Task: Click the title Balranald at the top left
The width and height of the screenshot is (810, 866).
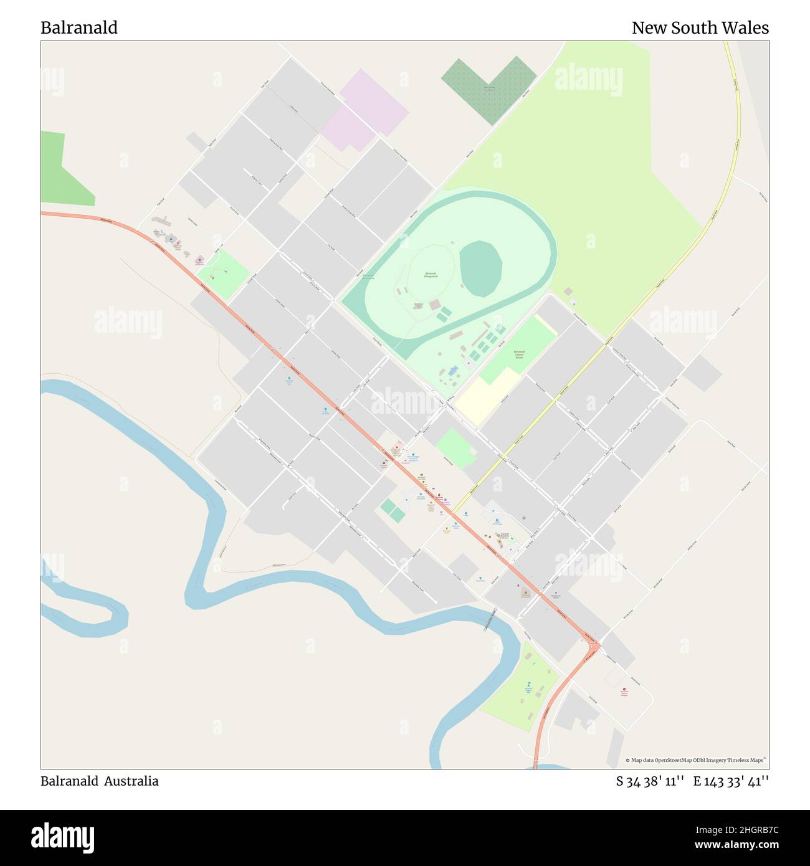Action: click(x=79, y=28)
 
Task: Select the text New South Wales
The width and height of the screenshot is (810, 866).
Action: click(x=700, y=28)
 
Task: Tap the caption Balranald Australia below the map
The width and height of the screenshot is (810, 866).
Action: click(x=100, y=781)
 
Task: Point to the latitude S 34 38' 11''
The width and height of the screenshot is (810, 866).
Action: click(x=650, y=781)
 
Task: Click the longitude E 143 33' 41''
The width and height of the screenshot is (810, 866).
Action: click(x=731, y=781)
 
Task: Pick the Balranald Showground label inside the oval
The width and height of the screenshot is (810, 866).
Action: click(x=431, y=275)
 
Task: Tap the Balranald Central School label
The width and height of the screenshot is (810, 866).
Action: click(x=518, y=355)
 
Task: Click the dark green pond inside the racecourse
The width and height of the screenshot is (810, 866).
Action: click(x=480, y=269)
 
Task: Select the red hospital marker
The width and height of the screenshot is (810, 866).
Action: click(x=624, y=690)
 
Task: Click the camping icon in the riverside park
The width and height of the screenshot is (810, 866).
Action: click(x=528, y=684)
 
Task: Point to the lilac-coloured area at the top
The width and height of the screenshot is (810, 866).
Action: click(x=364, y=109)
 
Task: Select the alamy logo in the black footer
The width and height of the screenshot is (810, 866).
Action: click(x=62, y=837)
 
